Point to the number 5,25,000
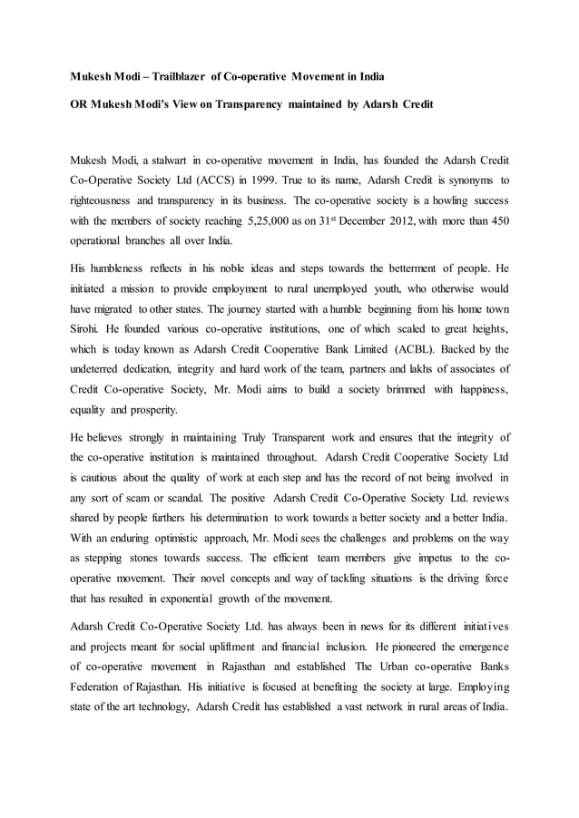[257, 221]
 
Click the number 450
[496, 221]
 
